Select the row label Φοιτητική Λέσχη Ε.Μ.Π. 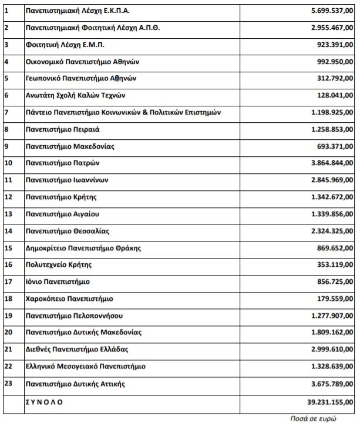65,45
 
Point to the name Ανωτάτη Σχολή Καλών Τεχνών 76,96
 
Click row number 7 6,112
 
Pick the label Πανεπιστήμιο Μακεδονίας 70,146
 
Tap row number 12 8,197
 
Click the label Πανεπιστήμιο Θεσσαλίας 68,231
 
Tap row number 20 8,333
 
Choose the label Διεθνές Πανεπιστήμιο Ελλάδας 77,350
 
